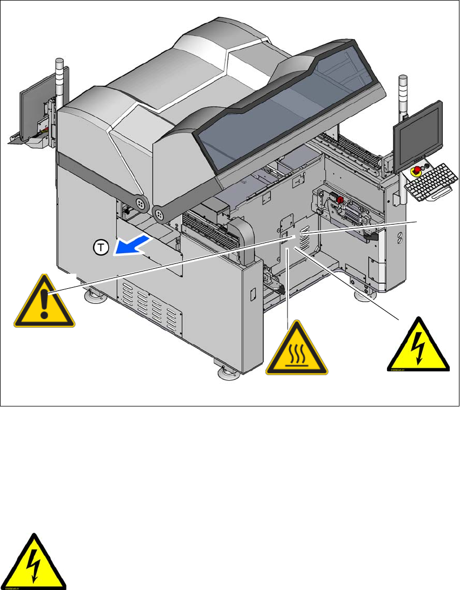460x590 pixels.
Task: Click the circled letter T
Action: coord(100,248)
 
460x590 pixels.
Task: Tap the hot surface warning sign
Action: coord(297,350)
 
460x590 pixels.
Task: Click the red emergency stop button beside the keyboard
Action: coord(418,172)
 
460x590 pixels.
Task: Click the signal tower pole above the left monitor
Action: coord(59,78)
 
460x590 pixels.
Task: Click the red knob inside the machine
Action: coord(341,200)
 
